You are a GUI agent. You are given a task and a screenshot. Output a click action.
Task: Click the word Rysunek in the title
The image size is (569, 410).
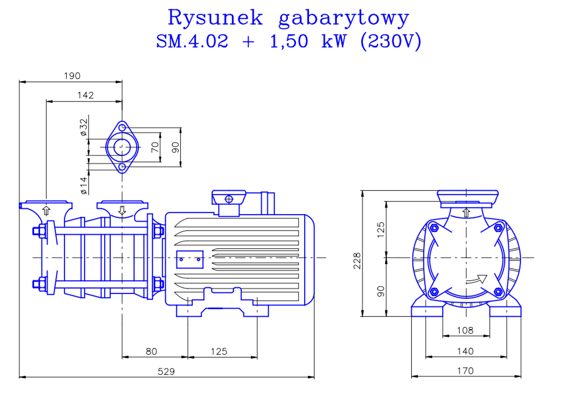(x=215, y=18)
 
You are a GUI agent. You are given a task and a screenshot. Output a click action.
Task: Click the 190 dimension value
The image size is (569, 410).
(x=72, y=76)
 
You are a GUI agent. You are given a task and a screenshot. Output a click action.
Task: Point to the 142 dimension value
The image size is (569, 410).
(x=85, y=95)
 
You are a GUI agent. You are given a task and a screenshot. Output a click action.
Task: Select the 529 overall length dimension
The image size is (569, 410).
(x=166, y=371)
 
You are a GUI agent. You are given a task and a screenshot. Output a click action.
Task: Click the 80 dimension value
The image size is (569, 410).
(x=151, y=351)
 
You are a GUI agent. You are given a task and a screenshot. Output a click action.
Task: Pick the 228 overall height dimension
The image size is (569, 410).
(x=357, y=261)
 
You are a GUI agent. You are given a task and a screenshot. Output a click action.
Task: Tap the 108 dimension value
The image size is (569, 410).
(x=465, y=330)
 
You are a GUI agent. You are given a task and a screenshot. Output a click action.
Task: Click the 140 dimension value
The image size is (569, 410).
(x=465, y=351)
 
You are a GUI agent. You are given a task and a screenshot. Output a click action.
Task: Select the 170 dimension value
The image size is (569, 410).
(x=465, y=371)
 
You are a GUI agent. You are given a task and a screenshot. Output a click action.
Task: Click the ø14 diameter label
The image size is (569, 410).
(x=84, y=185)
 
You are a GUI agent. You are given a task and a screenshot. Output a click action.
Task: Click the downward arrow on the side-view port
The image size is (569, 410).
(x=122, y=210)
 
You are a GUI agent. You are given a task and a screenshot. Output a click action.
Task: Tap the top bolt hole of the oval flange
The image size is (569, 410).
(x=122, y=128)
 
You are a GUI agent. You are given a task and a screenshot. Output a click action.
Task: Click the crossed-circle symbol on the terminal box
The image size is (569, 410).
(x=229, y=199)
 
